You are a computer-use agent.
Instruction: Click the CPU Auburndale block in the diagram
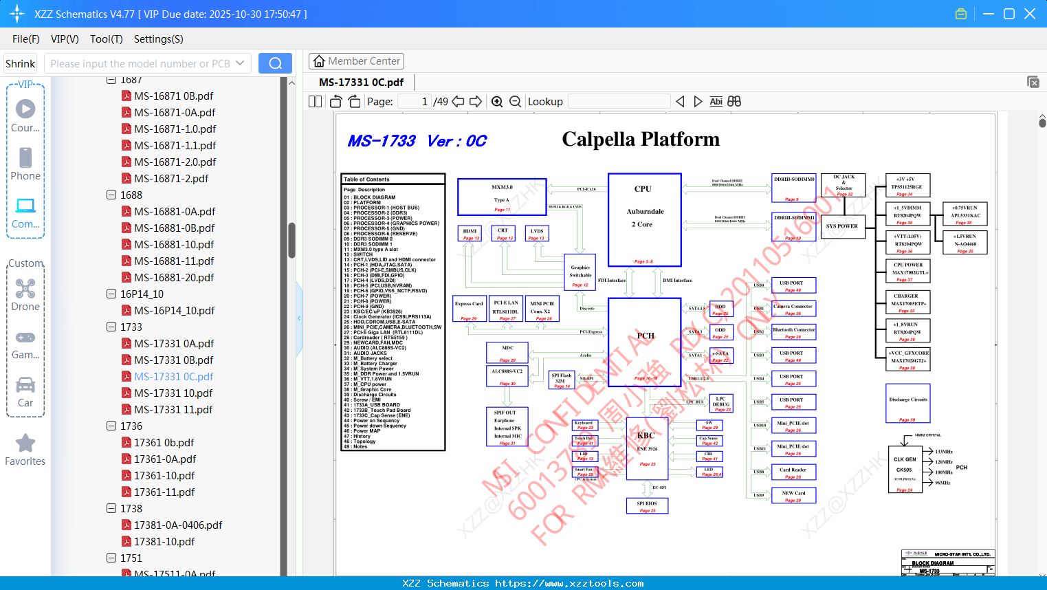(x=644, y=219)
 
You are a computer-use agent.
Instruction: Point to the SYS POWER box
(x=842, y=226)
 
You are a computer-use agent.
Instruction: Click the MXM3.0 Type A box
(x=502, y=197)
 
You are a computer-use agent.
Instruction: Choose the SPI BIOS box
(x=647, y=506)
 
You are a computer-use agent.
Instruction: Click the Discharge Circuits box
(x=908, y=403)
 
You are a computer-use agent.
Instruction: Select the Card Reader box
(x=793, y=472)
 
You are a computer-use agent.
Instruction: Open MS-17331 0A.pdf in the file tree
(x=174, y=343)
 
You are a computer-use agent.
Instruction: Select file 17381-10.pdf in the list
(x=164, y=541)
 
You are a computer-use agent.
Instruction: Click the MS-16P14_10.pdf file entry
(x=174, y=310)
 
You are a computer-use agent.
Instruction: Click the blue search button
(x=275, y=63)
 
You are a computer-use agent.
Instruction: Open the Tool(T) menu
(x=107, y=39)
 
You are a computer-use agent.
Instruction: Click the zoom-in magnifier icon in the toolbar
(x=497, y=102)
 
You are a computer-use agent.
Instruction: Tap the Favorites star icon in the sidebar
(x=25, y=444)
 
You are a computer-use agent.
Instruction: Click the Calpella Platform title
(x=641, y=140)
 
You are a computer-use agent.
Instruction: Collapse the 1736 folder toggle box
(x=111, y=426)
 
